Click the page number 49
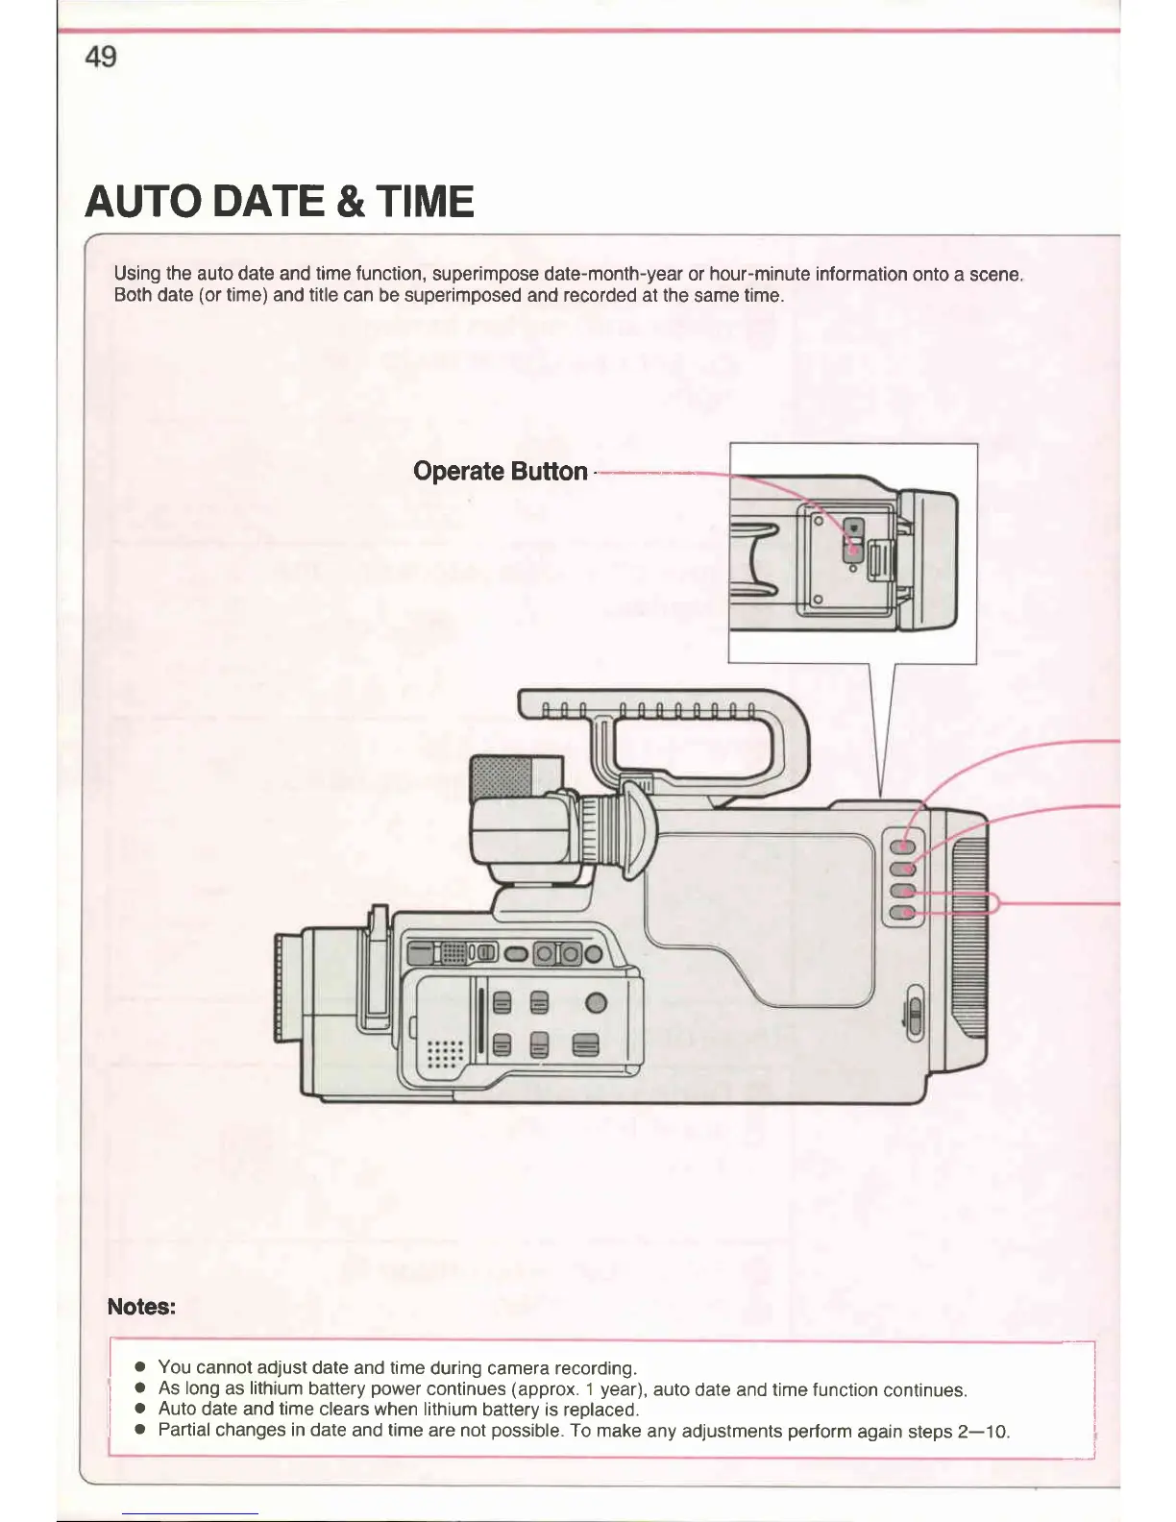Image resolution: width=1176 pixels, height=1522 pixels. click(101, 57)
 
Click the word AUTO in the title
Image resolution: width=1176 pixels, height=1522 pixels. click(142, 202)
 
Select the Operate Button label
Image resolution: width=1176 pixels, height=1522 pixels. click(500, 471)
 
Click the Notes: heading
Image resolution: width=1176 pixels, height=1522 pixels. click(141, 1306)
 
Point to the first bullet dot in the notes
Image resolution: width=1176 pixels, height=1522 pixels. click(139, 1366)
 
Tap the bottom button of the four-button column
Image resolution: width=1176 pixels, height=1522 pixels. click(902, 912)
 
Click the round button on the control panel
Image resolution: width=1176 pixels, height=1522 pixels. click(597, 1003)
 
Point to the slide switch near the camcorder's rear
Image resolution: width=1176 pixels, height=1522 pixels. click(915, 1014)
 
